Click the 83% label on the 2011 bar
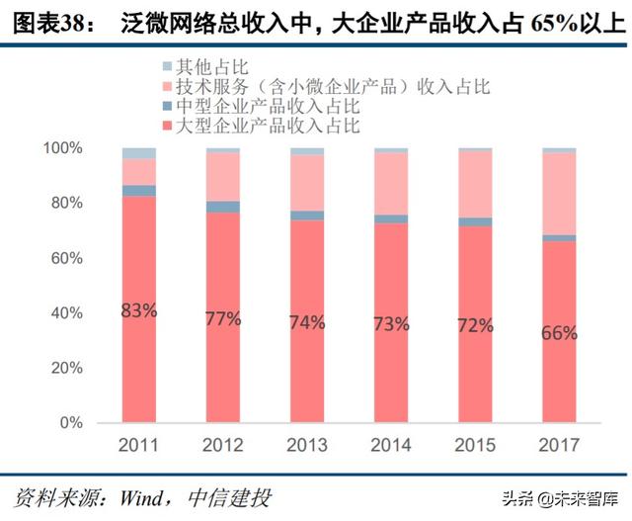[139, 310]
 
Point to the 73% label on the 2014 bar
[391, 323]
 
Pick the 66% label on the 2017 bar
[559, 333]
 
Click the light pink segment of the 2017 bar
[559, 193]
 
